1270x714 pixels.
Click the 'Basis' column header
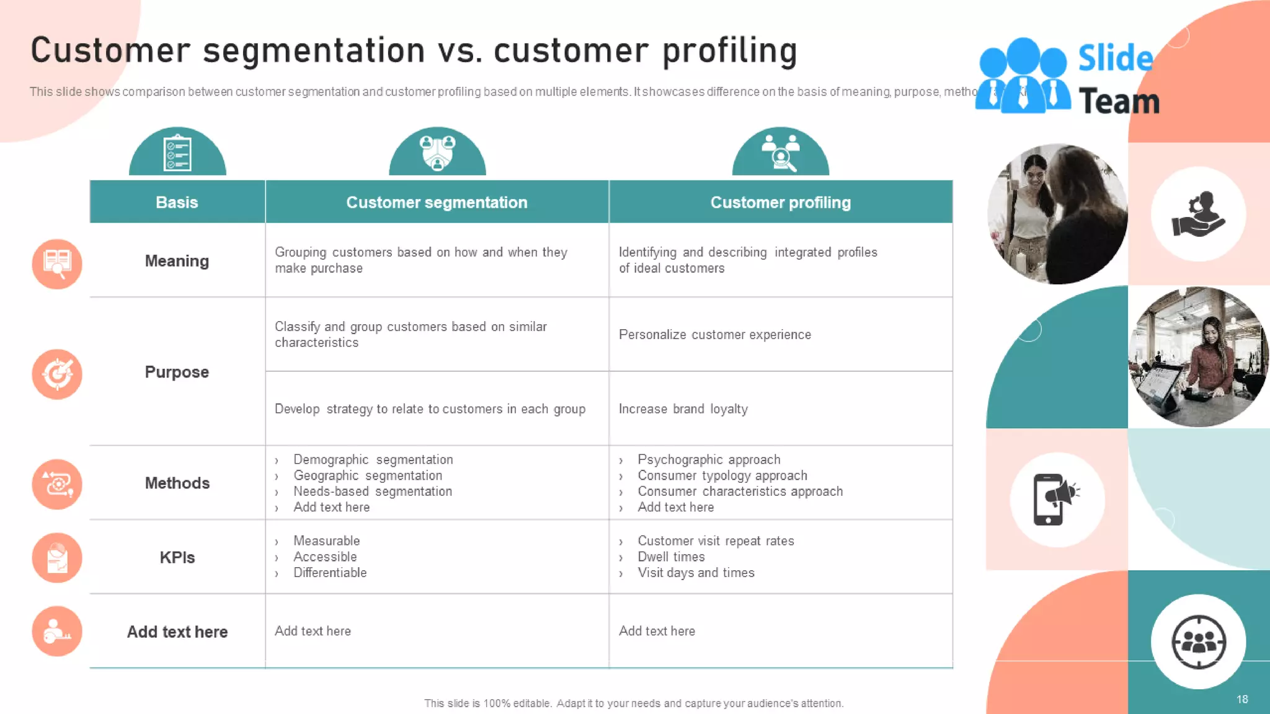point(177,202)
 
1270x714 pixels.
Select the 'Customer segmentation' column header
point(437,202)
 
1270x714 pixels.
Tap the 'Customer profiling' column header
point(780,202)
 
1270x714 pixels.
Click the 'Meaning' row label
point(177,261)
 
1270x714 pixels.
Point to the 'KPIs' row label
point(177,557)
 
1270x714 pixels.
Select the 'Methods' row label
point(177,483)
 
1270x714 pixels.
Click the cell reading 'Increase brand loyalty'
point(683,409)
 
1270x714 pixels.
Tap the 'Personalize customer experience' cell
point(714,335)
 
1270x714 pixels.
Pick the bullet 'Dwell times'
point(671,557)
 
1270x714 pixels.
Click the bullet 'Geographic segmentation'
point(368,475)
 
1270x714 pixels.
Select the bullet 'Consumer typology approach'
point(722,475)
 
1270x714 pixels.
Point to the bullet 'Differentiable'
point(330,573)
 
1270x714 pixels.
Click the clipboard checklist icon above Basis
point(177,152)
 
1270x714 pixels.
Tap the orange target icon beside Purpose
point(57,374)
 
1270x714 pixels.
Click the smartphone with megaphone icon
point(1057,500)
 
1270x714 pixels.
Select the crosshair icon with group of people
point(1198,641)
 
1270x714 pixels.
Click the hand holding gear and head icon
point(1198,214)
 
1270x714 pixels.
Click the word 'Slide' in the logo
point(1115,58)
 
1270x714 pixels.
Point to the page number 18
point(1242,699)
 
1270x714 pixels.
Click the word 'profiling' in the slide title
point(729,51)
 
